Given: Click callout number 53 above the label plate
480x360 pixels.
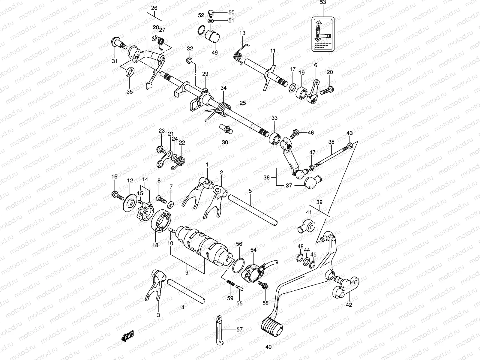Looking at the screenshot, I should coord(322,2).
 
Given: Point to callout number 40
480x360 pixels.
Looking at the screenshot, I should coord(268,347).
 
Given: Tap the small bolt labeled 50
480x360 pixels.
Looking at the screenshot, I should coord(210,13).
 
